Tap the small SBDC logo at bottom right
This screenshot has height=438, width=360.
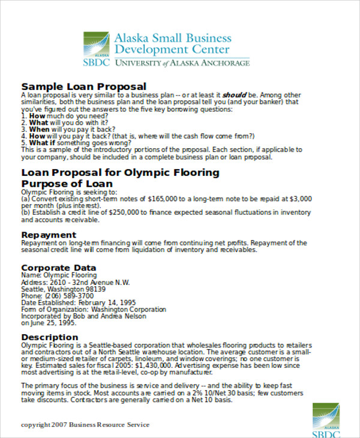(x=326, y=421)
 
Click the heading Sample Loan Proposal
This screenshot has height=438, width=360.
(x=84, y=86)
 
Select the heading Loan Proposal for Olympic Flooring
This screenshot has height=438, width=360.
(x=121, y=173)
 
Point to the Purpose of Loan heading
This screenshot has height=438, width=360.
(x=67, y=184)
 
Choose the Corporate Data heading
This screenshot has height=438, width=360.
(x=59, y=267)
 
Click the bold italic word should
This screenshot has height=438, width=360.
(x=233, y=95)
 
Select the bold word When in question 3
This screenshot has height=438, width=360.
(x=39, y=129)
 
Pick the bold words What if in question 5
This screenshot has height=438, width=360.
(x=43, y=143)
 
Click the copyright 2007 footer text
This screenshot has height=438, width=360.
(x=85, y=425)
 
